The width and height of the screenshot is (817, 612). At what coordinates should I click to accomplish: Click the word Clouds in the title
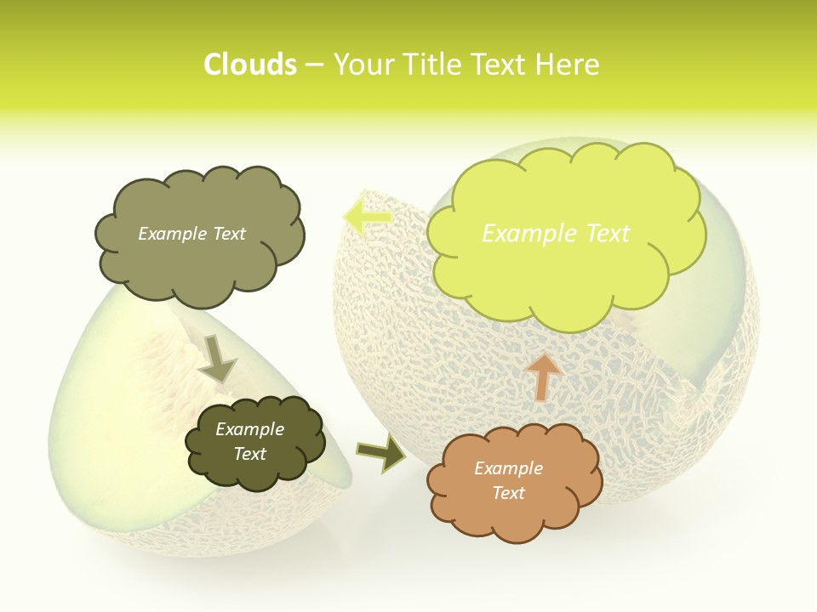tap(250, 65)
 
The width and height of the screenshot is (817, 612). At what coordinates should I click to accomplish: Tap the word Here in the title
tap(565, 65)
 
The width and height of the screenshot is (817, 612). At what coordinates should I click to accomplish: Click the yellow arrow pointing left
tap(368, 217)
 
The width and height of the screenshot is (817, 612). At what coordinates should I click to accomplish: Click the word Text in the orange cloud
tap(508, 493)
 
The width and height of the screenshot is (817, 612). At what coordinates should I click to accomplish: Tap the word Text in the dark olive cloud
tap(249, 454)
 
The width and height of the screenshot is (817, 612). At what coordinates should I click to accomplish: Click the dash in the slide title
tap(314, 65)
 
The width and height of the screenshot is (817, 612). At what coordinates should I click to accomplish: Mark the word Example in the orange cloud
tap(508, 468)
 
